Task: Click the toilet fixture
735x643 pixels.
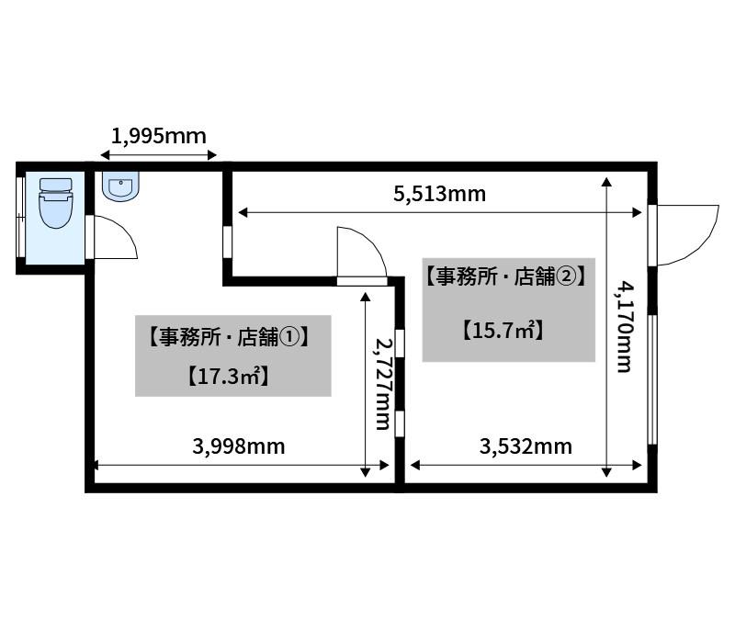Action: click(x=56, y=202)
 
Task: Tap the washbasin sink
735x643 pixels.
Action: click(x=120, y=186)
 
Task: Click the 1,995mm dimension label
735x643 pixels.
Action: click(x=158, y=136)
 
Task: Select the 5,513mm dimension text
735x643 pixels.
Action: click(x=439, y=194)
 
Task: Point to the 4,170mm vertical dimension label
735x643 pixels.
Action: click(x=625, y=327)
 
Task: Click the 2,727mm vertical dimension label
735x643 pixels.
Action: click(x=383, y=384)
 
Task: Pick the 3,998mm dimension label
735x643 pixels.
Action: click(x=239, y=446)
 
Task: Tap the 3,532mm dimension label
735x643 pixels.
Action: click(x=526, y=446)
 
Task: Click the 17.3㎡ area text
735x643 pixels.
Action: click(x=229, y=377)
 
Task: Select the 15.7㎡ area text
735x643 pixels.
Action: click(x=503, y=331)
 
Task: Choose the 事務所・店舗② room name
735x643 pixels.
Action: click(x=506, y=276)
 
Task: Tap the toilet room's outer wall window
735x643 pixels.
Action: click(x=20, y=217)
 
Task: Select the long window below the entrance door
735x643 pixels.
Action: click(x=652, y=379)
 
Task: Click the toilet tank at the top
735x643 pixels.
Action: click(x=56, y=185)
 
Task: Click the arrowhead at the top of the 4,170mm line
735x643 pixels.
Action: click(x=606, y=182)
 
